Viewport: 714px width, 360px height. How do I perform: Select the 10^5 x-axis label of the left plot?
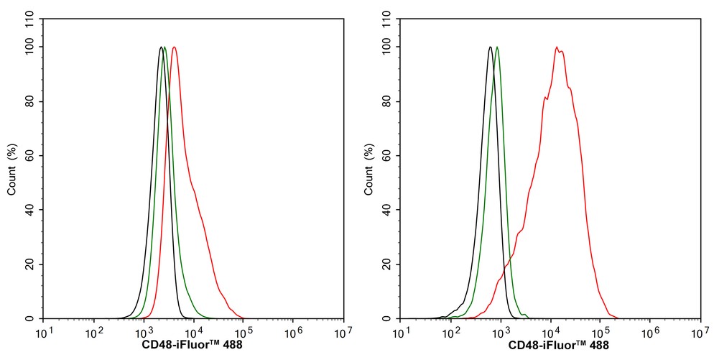click(243, 333)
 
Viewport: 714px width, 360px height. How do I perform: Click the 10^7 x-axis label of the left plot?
click(343, 333)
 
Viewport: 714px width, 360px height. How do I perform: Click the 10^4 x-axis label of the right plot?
click(551, 333)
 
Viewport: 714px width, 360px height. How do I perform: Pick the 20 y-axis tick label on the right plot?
click(389, 264)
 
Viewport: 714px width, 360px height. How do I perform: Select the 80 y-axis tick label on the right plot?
click(389, 101)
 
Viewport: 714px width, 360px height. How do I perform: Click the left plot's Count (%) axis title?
click(12, 170)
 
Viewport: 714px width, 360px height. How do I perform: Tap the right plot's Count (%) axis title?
click(369, 170)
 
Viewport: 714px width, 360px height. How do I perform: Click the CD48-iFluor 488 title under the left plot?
click(193, 346)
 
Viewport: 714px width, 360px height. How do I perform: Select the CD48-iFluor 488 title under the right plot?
click(550, 346)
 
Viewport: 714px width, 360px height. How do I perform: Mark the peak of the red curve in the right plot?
click(557, 47)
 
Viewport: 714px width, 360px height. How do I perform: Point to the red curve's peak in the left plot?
click(175, 47)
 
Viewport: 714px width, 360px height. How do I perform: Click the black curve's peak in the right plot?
click(489, 47)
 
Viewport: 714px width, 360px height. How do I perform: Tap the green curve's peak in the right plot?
click(497, 47)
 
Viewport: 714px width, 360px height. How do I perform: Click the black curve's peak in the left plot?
click(161, 47)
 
